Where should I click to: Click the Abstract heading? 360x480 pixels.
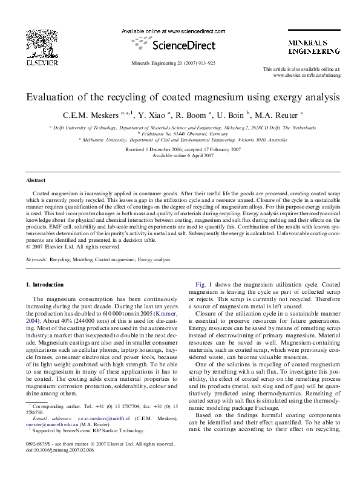pos(35,180)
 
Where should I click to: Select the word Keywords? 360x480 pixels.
pos(36,259)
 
